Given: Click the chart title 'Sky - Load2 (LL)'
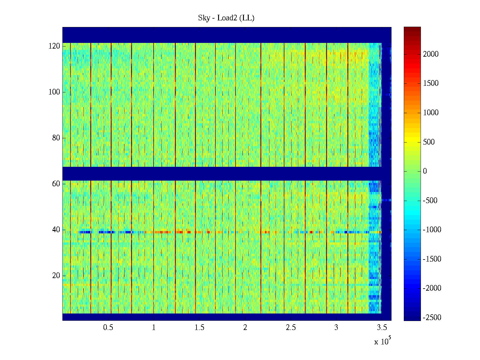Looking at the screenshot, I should point(226,18).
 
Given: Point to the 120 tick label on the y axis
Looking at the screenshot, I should point(54,46).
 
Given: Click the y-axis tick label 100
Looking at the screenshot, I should point(54,92).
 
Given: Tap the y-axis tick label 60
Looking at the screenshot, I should point(56,184).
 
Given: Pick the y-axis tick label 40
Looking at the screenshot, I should point(56,230).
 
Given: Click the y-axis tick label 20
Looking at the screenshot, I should point(56,276).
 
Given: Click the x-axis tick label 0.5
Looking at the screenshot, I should point(108,328).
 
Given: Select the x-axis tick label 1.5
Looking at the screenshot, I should point(199,328).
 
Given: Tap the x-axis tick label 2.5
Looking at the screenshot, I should point(291,328).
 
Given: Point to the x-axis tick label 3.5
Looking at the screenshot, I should point(382,328).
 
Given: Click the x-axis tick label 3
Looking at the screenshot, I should point(336,328).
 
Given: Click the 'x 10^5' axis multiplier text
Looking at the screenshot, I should point(382,341).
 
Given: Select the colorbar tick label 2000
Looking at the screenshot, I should point(431,54).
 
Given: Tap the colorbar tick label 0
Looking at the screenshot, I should point(425,171).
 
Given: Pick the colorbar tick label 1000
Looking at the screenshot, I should point(431,113).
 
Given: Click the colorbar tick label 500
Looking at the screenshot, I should point(429,142).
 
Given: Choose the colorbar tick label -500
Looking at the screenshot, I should point(430,201).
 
